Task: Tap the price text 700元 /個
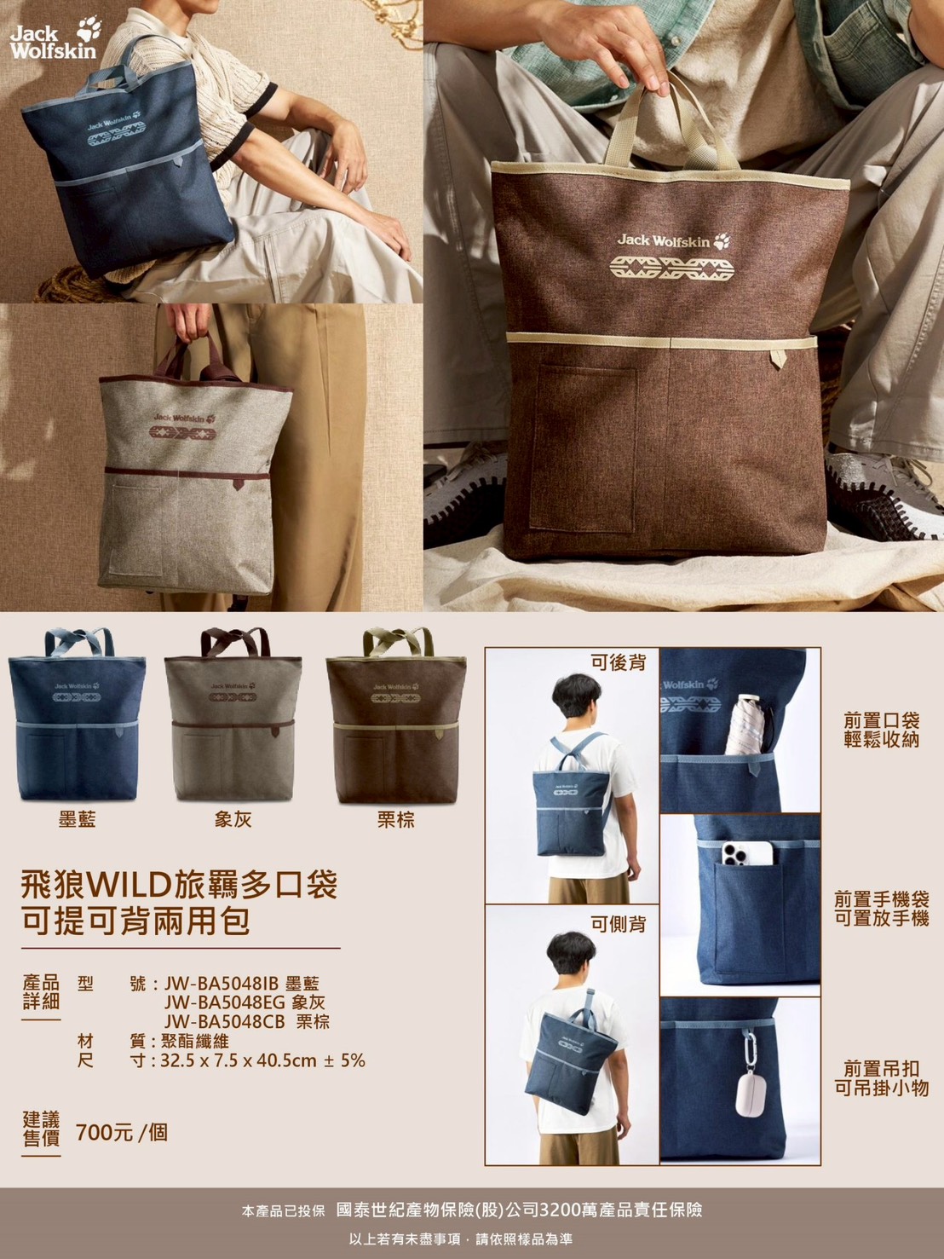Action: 122,1133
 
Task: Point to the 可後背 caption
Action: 619,662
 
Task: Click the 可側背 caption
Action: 619,924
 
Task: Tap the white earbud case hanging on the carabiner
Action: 750,1095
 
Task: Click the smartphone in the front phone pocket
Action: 747,853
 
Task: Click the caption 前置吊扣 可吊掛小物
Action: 882,1077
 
